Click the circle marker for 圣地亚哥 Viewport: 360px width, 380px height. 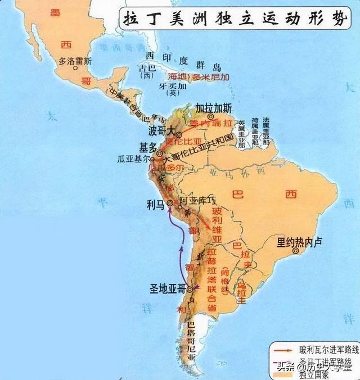point(190,289)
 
